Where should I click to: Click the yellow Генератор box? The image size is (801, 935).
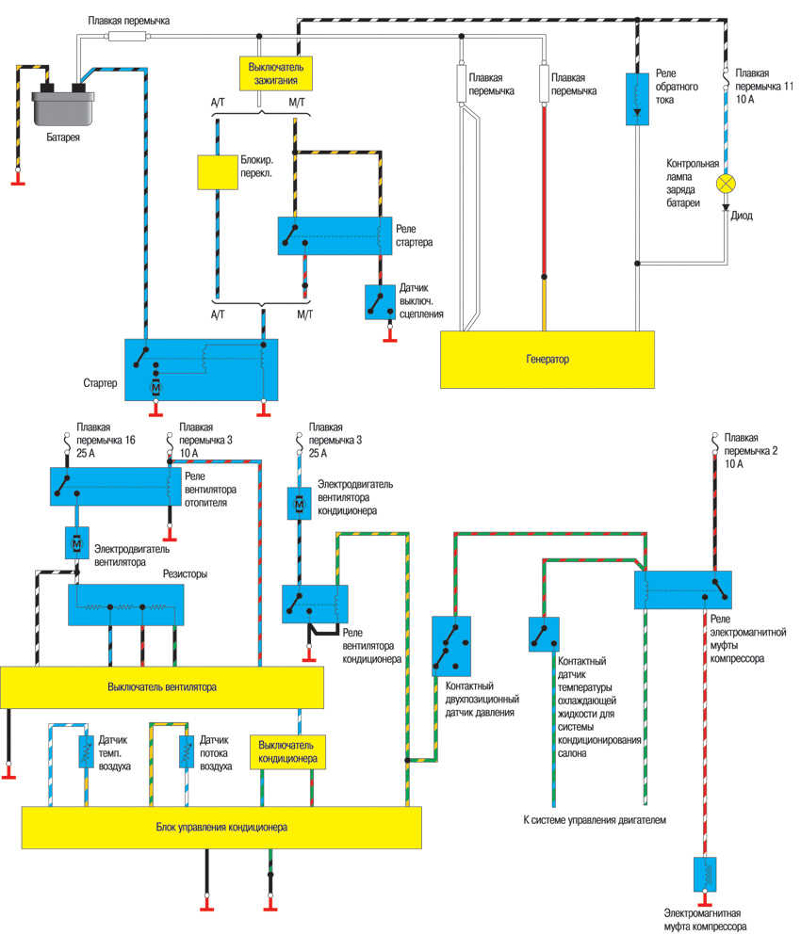click(x=548, y=360)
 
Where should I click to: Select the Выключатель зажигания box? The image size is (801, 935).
click(x=276, y=73)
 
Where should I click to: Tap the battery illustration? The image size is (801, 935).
click(x=63, y=105)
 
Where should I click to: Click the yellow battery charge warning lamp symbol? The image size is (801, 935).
click(x=726, y=184)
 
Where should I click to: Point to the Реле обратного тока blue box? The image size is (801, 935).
click(x=637, y=99)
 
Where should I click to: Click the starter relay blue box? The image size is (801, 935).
click(x=335, y=235)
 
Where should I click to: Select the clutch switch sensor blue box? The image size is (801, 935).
click(x=380, y=302)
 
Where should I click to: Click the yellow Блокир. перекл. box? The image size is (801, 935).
click(x=218, y=172)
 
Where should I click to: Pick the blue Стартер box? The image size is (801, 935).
click(x=201, y=370)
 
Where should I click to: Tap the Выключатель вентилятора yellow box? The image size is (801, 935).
click(x=162, y=687)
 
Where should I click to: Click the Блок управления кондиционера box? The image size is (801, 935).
click(x=221, y=828)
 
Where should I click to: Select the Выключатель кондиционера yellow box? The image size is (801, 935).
click(x=287, y=752)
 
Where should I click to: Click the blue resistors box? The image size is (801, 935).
click(x=126, y=605)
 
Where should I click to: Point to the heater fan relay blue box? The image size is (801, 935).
click(x=115, y=487)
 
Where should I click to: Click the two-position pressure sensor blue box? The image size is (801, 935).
click(x=451, y=646)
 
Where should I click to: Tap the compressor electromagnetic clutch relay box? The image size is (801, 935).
click(x=683, y=589)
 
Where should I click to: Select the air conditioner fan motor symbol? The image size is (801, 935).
click(x=299, y=504)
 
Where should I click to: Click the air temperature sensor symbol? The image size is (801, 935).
click(x=87, y=751)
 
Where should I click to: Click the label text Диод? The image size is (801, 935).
click(x=742, y=216)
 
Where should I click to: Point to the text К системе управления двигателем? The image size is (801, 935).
click(x=595, y=820)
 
